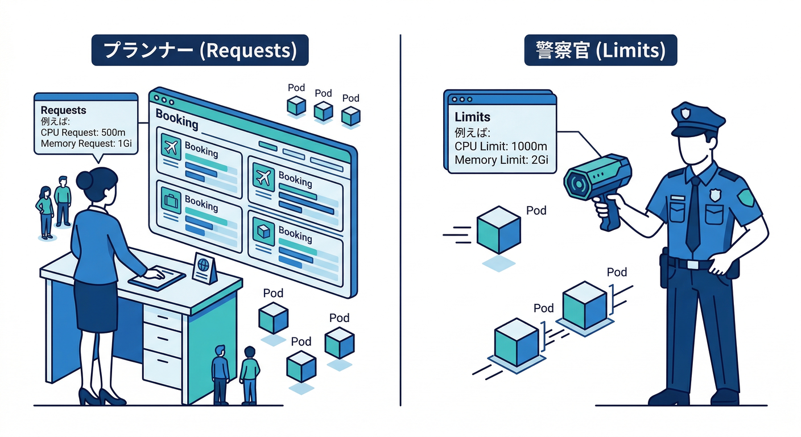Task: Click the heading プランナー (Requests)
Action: coord(200,50)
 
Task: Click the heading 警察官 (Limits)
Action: coord(600,50)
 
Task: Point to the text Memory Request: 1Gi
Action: coord(86,143)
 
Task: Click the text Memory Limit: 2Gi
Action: coord(501,159)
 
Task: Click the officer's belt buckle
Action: coord(692,265)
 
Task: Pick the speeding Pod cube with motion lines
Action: coord(497,230)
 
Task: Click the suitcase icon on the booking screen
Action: coord(170,201)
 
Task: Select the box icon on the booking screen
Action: coord(263,231)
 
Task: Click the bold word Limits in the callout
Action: coord(473,117)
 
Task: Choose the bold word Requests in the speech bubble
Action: coord(64,110)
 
